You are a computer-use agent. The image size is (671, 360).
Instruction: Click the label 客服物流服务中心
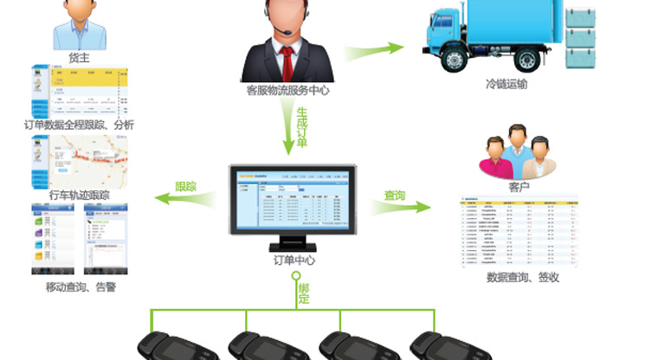tap(287, 89)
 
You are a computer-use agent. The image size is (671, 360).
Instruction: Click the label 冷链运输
tap(506, 84)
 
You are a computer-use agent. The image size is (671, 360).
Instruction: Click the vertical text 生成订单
tap(302, 126)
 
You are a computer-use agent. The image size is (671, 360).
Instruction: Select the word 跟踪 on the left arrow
tap(186, 187)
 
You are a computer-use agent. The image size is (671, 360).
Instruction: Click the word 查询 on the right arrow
tap(395, 196)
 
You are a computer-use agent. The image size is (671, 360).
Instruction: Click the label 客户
tap(519, 186)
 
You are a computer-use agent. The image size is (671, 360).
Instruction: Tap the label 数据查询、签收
tap(523, 277)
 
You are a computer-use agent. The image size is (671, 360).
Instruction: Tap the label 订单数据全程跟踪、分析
tap(80, 125)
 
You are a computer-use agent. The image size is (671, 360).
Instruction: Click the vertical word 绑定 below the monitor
tap(303, 293)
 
